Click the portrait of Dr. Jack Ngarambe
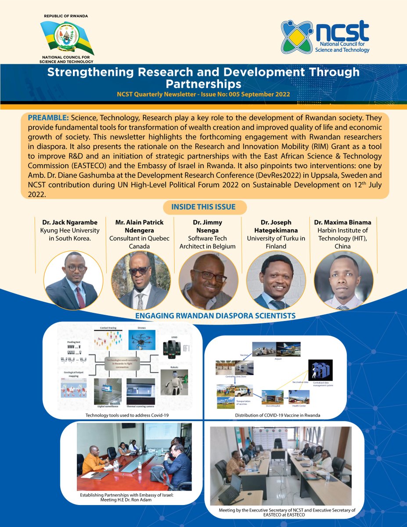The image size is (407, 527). pyautogui.click(x=73, y=280)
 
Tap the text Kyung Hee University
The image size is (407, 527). pyautogui.click(x=74, y=231)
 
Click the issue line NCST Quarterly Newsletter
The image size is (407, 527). pyautogui.click(x=203, y=94)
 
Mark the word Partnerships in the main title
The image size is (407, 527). pyautogui.click(x=203, y=83)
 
